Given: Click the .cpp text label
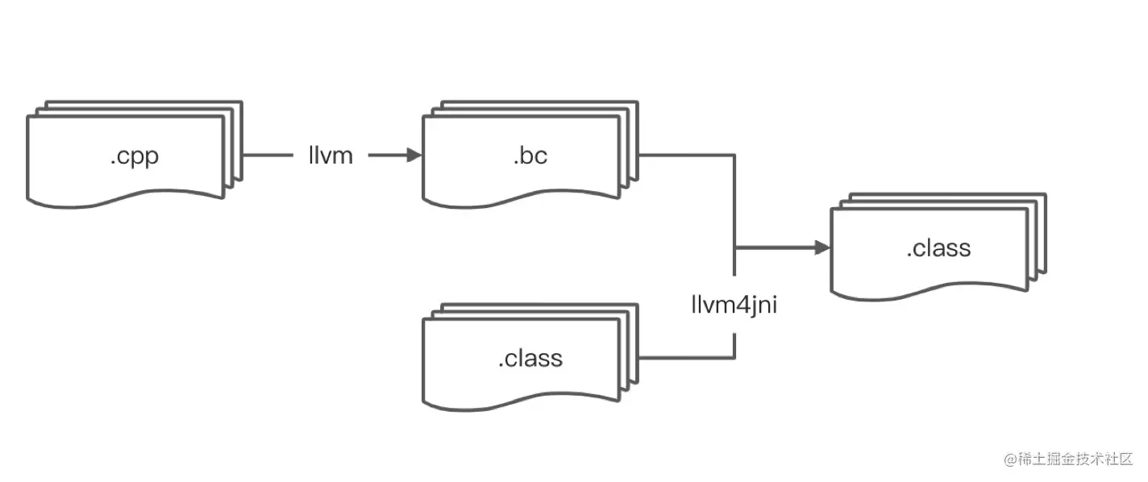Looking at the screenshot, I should click(x=134, y=156).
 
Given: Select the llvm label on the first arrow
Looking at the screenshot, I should click(x=331, y=156).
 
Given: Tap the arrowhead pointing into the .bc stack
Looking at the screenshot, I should click(x=414, y=156).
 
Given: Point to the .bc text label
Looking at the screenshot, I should click(x=530, y=156).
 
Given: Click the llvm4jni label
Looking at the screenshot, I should click(x=734, y=305).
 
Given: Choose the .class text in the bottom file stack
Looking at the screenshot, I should click(x=530, y=357).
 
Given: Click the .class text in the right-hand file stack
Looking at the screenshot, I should click(x=938, y=248).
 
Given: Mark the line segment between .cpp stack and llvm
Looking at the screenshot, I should click(x=268, y=156).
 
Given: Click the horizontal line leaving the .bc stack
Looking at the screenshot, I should click(x=685, y=156).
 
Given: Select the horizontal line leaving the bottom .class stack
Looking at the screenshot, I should click(x=685, y=357).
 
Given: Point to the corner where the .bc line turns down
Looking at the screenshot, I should click(x=734, y=156).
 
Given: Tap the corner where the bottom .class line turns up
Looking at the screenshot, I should click(x=734, y=357).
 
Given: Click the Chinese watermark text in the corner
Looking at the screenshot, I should click(x=1077, y=459).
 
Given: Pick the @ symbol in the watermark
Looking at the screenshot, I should click(x=1010, y=459).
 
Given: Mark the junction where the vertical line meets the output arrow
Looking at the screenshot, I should click(x=734, y=248).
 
